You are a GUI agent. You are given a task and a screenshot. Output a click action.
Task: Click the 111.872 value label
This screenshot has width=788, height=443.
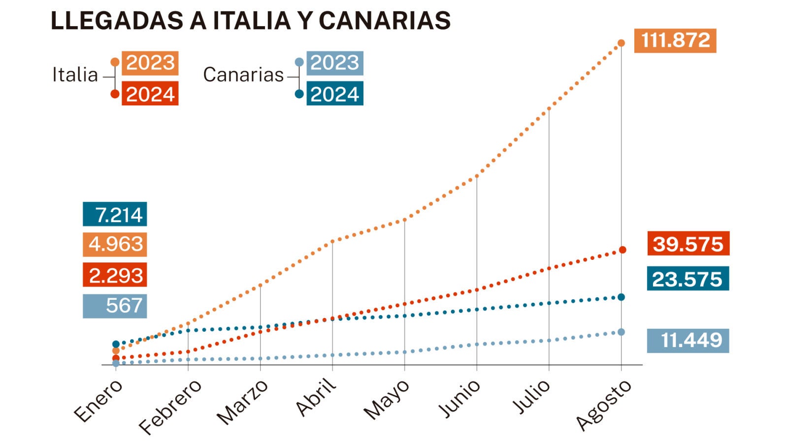tap(675, 40)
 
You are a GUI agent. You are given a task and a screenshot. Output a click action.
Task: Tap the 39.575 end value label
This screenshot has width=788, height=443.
tap(688, 244)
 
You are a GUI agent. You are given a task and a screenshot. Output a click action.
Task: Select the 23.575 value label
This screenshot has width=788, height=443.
tap(688, 279)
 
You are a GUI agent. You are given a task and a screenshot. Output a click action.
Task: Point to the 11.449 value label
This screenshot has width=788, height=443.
tap(688, 341)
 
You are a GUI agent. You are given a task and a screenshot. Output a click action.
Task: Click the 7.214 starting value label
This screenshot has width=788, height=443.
tap(115, 214)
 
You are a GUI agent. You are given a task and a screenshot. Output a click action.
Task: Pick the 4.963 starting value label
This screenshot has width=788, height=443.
tap(115, 244)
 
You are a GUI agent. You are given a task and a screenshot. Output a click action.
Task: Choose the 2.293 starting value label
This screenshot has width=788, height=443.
tap(115, 275)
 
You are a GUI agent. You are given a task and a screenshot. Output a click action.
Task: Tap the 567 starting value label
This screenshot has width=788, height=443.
tap(115, 306)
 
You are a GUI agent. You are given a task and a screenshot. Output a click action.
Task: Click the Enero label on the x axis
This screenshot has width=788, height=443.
tap(98, 401)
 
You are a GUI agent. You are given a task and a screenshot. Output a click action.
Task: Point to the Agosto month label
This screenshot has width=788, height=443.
tap(603, 405)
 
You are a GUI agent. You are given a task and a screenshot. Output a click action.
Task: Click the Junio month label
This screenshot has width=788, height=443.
tap(459, 399)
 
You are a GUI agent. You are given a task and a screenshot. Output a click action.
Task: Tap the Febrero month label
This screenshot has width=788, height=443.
tap(170, 407)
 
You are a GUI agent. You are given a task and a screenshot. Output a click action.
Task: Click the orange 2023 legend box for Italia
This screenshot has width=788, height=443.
tap(150, 63)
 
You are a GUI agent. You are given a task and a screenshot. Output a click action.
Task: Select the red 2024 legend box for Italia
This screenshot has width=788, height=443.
tap(150, 94)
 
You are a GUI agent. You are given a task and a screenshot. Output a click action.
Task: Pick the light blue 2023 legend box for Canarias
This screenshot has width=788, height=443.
tap(334, 63)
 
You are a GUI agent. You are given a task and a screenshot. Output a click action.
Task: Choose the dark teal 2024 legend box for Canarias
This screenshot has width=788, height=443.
tap(334, 94)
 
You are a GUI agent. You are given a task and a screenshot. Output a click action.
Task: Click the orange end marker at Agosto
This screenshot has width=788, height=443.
tap(622, 43)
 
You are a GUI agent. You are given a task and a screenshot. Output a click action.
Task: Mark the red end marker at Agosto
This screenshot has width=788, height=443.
tap(623, 250)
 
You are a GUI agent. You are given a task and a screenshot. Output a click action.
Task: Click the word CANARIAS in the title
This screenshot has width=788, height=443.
tap(385, 21)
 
